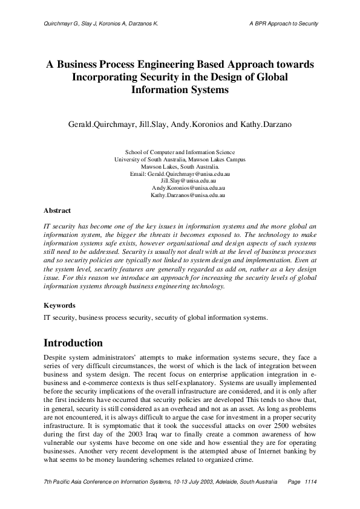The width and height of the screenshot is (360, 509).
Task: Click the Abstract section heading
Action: pyautogui.click(x=57, y=210)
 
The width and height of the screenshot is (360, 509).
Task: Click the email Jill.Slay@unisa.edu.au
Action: pyautogui.click(x=189, y=181)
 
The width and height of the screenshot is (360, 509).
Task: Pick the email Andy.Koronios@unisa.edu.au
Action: pyautogui.click(x=189, y=188)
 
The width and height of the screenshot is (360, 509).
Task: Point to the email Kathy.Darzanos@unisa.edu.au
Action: pyautogui.click(x=188, y=195)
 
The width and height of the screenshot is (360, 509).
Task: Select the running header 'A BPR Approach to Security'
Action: pyautogui.click(x=284, y=24)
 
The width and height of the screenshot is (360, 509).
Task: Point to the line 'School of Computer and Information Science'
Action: pyautogui.click(x=180, y=152)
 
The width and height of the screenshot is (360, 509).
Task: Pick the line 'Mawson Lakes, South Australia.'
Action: pyautogui.click(x=180, y=166)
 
